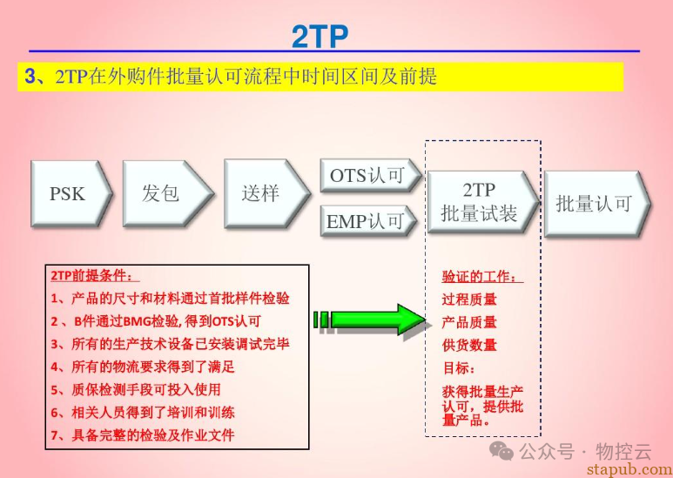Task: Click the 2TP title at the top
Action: pos(320,37)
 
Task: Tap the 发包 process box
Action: pos(162,192)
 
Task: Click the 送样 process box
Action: pos(261,192)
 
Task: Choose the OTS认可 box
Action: pos(367,176)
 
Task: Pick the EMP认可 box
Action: pos(367,221)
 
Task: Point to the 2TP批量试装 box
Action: pos(479,201)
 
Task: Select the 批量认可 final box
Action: pos(594,204)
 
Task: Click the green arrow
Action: pos(371,319)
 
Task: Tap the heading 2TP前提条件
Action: pos(92,276)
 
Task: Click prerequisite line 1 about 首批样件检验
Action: pos(170,298)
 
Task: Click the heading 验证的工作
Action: pos(482,278)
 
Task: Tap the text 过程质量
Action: pos(469,300)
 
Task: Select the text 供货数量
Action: pos(469,345)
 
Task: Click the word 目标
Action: pos(459,367)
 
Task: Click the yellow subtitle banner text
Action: pos(232,77)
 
